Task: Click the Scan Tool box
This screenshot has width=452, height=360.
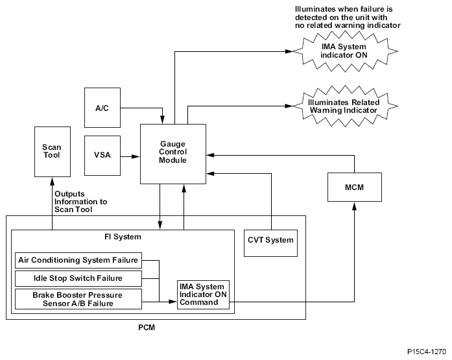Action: tap(53, 151)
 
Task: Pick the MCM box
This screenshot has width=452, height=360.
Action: tap(354, 186)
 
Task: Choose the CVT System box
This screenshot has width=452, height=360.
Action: tap(270, 240)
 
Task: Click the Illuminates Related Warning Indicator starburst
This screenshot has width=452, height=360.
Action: tap(344, 106)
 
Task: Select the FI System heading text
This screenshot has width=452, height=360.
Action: tap(123, 237)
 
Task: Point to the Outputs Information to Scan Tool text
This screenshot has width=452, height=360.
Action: tap(80, 198)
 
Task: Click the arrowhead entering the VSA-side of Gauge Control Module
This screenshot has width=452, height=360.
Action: tap(137, 156)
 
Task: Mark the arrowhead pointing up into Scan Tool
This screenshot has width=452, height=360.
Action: tap(53, 181)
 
